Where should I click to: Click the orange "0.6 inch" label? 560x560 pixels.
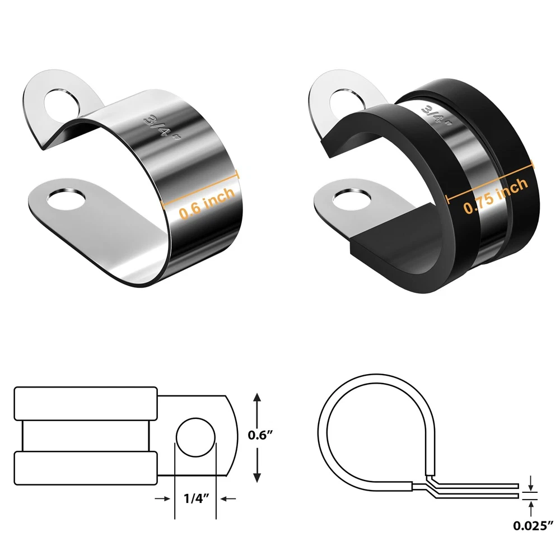(x=207, y=203)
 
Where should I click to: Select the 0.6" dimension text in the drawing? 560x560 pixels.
(x=260, y=435)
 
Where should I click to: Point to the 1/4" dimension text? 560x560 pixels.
(x=195, y=498)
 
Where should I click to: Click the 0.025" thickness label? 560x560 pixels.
(x=533, y=525)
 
